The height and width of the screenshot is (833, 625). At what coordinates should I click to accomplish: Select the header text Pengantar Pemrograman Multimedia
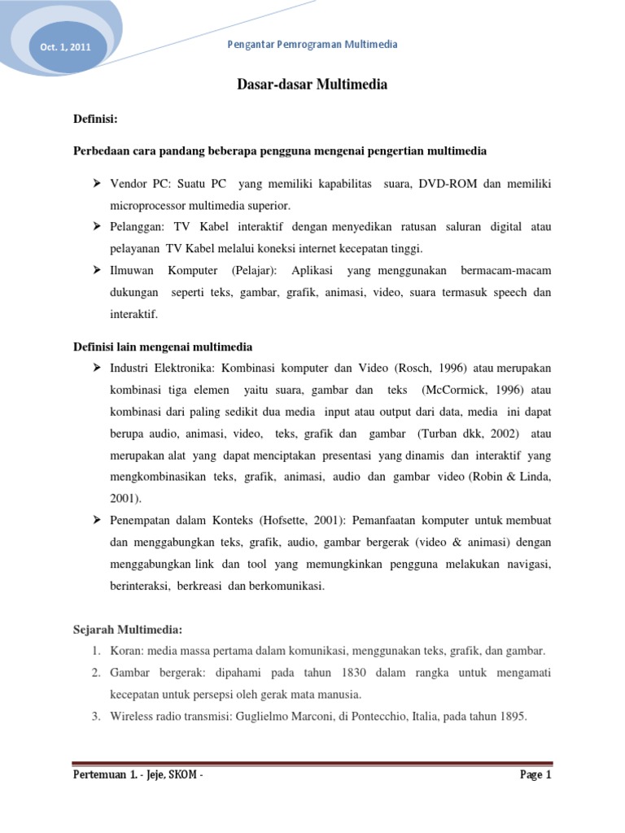(312, 45)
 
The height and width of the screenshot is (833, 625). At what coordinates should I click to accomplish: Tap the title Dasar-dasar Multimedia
(312, 84)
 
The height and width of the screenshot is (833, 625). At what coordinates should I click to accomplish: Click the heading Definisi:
(96, 120)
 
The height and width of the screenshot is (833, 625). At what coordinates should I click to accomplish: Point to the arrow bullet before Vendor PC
(97, 185)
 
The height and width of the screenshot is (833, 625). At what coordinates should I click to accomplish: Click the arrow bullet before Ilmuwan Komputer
(97, 270)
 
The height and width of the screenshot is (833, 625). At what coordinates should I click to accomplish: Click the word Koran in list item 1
(127, 652)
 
